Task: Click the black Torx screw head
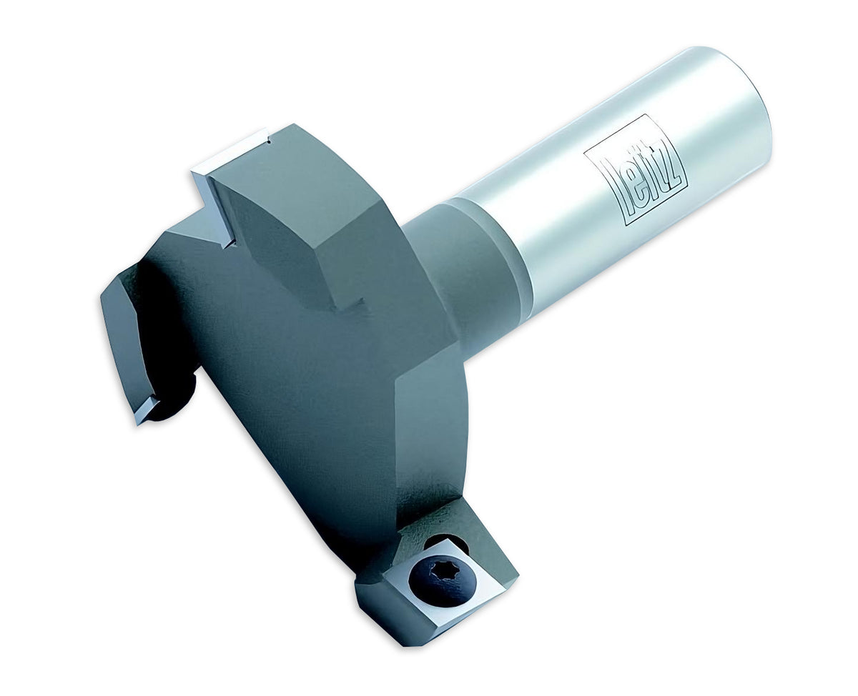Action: click(442, 581)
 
